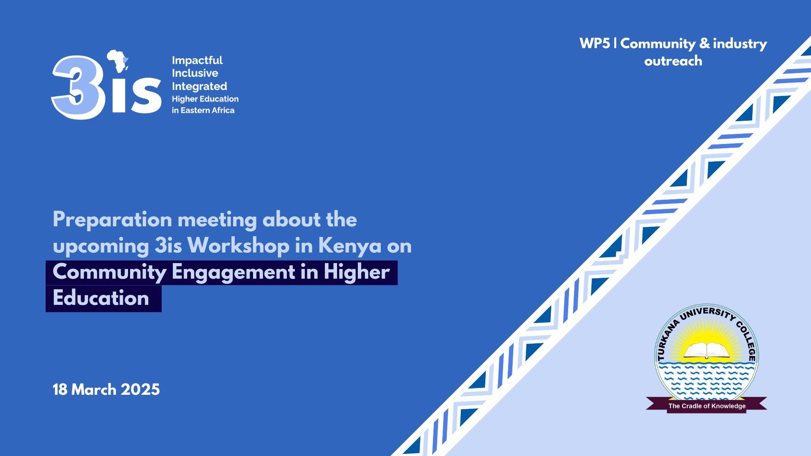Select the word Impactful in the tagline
[197, 60]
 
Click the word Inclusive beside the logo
[195, 73]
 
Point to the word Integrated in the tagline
[199, 87]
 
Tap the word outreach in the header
[673, 61]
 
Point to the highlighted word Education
[101, 298]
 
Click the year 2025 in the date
[140, 389]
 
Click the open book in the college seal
[706, 350]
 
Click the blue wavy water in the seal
[706, 380]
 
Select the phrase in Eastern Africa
[203, 110]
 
